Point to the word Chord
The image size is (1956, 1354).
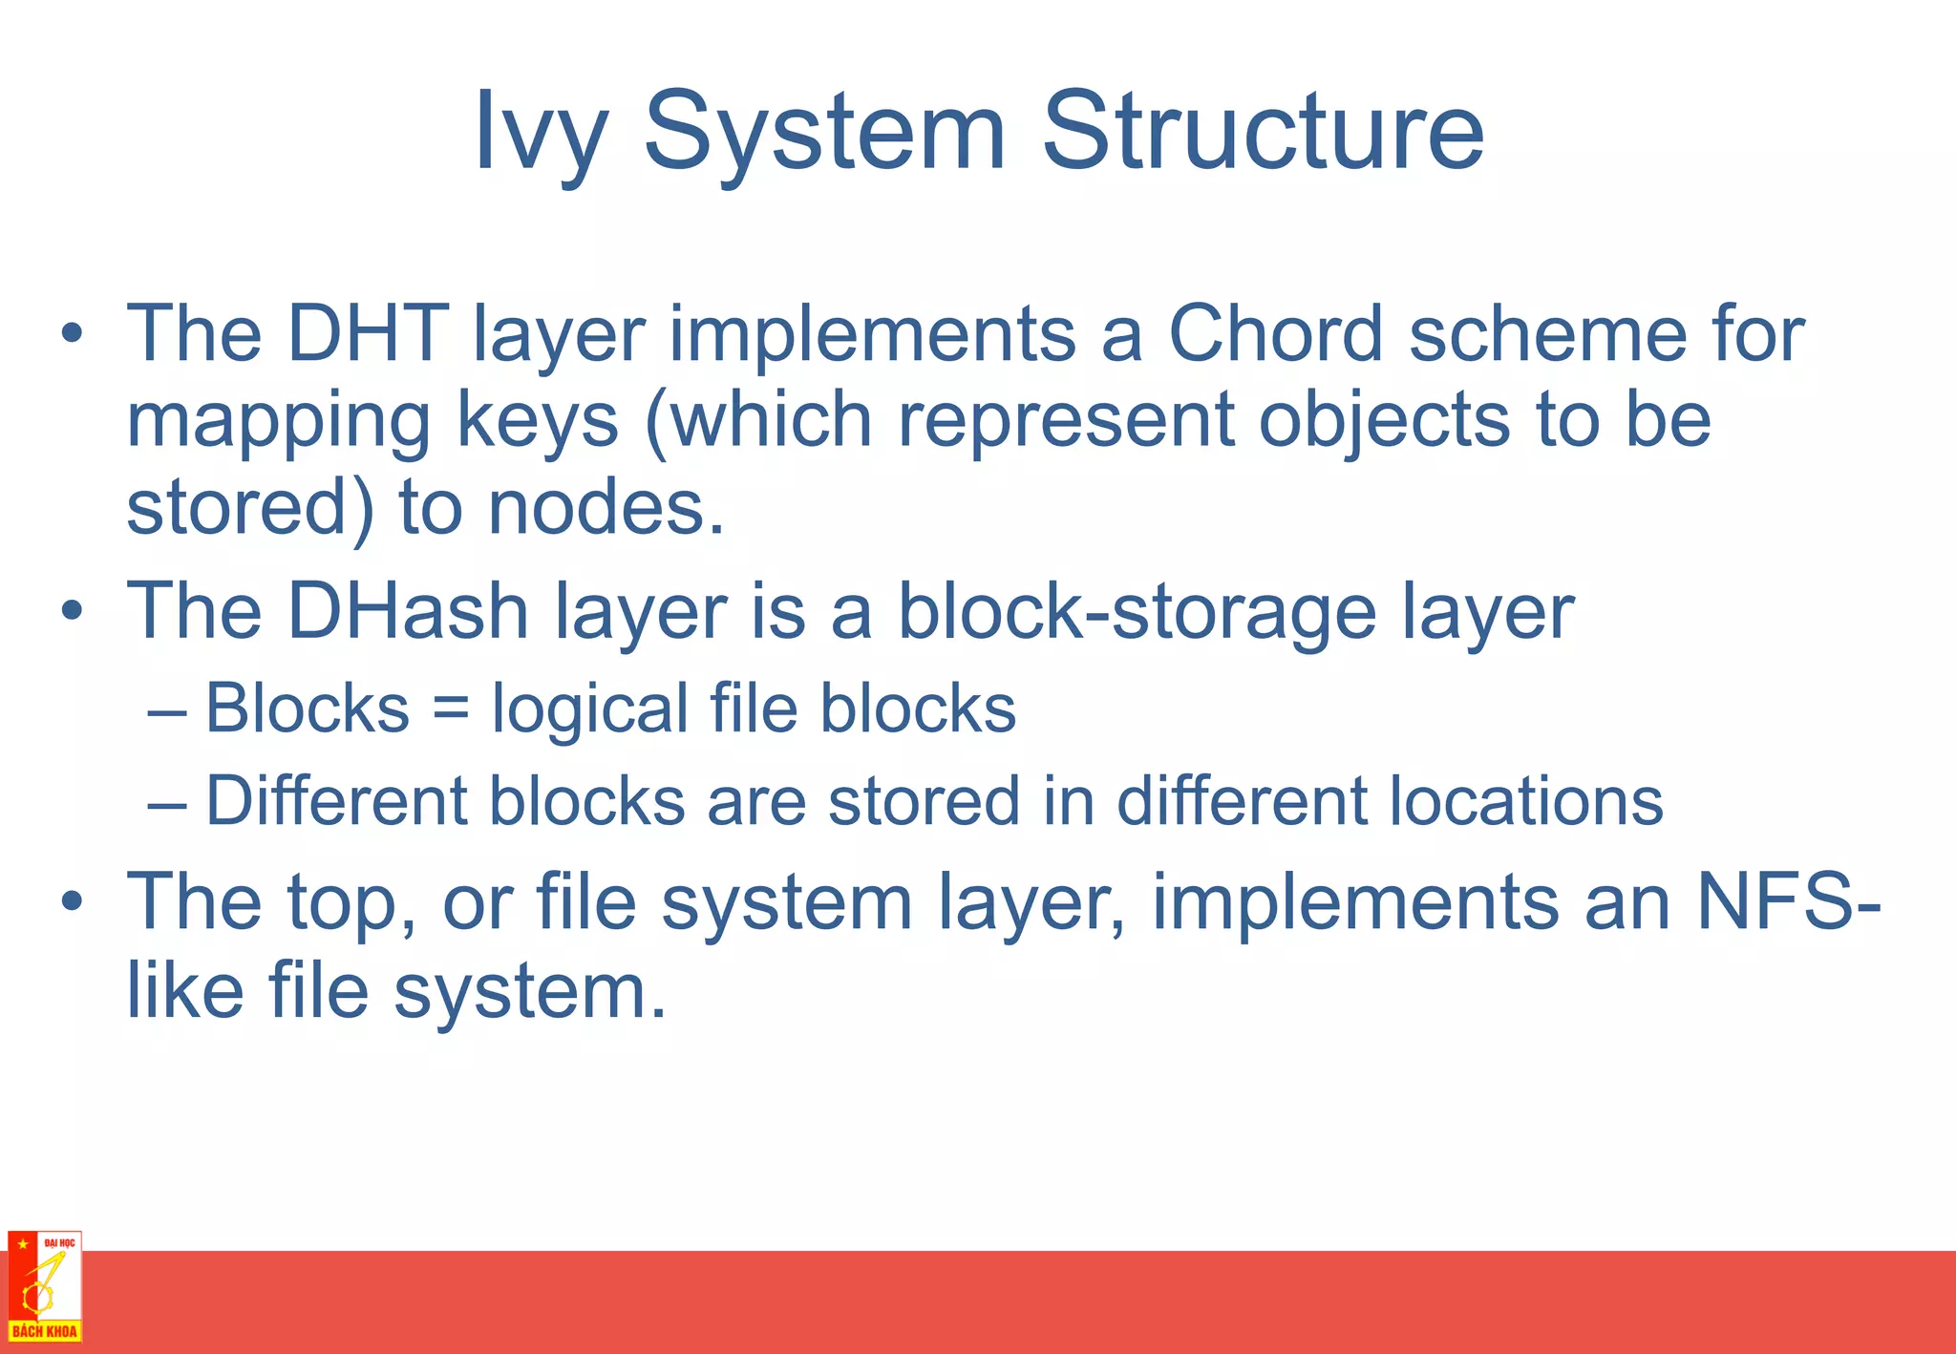pos(1276,333)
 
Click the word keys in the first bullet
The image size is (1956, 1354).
pos(538,421)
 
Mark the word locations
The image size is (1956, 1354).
pos(1525,800)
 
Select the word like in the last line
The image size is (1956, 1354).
pos(185,990)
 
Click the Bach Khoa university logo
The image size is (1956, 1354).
pos(45,1286)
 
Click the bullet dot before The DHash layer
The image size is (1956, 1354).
pos(73,612)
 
